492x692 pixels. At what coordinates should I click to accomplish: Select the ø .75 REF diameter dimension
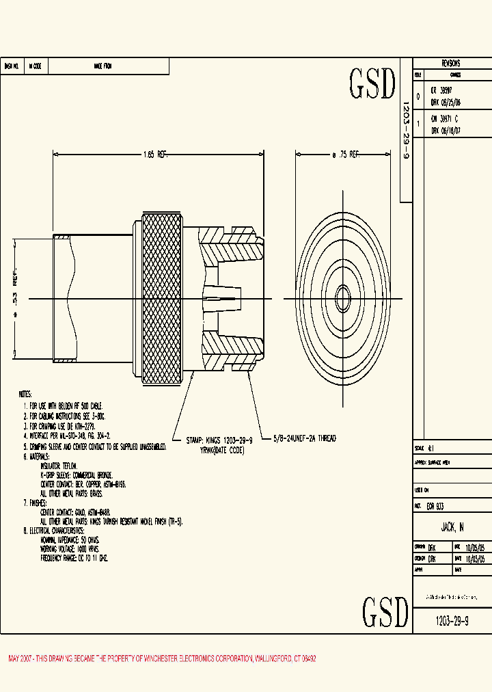point(345,155)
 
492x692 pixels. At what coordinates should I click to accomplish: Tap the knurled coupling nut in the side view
point(163,297)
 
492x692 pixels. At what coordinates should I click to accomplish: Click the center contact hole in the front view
point(343,298)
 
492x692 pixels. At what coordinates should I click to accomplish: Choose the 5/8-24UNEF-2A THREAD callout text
point(305,438)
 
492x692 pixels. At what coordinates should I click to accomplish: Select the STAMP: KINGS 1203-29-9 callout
point(219,441)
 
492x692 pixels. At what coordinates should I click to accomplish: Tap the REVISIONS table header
point(451,63)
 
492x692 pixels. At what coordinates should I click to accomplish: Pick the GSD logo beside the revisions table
point(372,84)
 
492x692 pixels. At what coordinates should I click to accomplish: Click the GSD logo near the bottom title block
point(385,611)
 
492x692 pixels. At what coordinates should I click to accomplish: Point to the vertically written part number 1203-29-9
point(405,131)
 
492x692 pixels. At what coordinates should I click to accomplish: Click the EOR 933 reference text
point(435,507)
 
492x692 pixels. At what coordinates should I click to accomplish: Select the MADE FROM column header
point(102,66)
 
